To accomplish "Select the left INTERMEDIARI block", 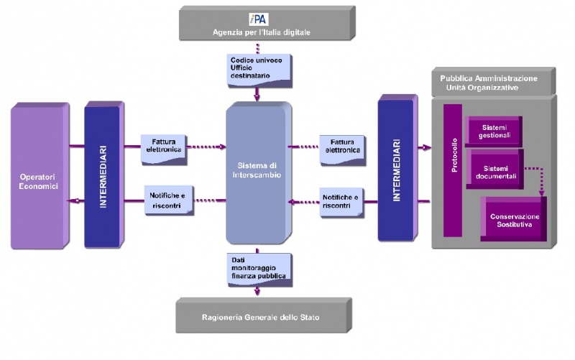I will [x=103, y=173].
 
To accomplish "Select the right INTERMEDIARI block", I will [x=396, y=170].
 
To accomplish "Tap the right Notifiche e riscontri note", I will [x=341, y=201].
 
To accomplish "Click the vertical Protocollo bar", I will [x=453, y=171].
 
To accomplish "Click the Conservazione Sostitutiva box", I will [x=515, y=220].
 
